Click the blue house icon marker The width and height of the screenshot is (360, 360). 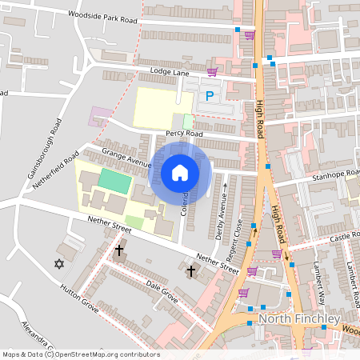click(x=180, y=172)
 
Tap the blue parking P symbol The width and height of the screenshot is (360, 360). click(x=210, y=96)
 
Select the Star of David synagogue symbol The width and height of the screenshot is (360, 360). click(x=58, y=263)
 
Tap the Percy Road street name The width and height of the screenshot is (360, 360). click(x=183, y=133)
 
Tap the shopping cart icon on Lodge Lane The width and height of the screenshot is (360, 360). click(x=211, y=72)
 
